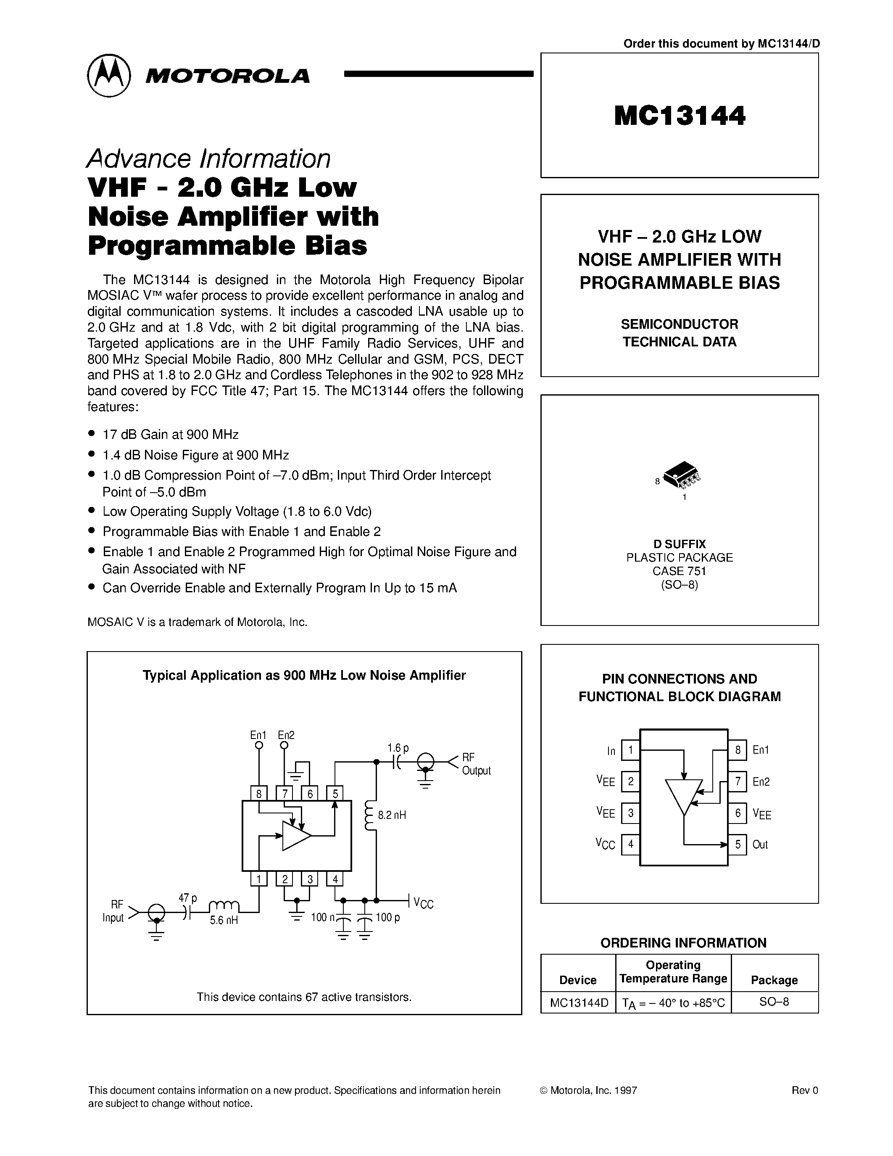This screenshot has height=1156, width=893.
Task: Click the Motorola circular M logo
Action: click(x=108, y=75)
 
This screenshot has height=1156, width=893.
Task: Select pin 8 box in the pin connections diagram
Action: click(x=737, y=750)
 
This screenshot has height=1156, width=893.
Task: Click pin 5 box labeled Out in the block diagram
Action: click(x=737, y=844)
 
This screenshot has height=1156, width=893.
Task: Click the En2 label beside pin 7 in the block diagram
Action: click(x=761, y=782)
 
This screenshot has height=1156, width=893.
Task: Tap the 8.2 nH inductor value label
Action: click(x=392, y=815)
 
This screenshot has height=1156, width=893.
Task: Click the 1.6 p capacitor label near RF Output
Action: click(x=398, y=748)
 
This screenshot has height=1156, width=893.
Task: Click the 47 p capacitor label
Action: click(x=187, y=898)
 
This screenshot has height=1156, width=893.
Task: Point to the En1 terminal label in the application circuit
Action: click(x=258, y=735)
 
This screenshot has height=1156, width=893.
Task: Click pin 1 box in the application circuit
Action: click(x=259, y=879)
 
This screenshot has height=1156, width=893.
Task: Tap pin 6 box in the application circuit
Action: click(x=309, y=793)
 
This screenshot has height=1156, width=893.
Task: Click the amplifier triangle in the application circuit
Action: click(x=295, y=836)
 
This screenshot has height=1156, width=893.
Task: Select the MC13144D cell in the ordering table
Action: click(x=578, y=1002)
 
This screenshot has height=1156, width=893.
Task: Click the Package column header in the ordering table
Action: click(x=774, y=980)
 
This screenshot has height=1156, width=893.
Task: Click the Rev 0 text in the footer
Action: click(x=805, y=1090)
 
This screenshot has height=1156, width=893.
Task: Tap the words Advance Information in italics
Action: click(x=208, y=158)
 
